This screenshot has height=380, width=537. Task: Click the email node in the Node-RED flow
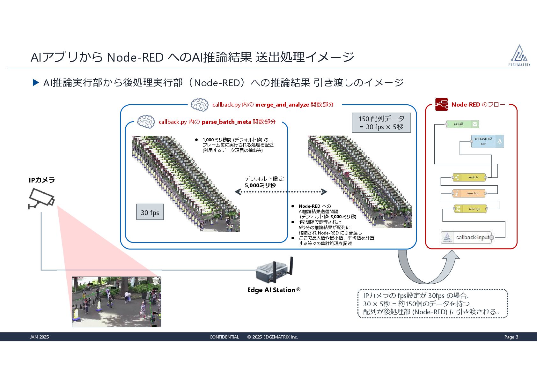point(462,124)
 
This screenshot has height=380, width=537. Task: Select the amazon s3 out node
point(487,141)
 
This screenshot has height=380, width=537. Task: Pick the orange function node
point(469,193)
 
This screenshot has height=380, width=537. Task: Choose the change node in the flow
point(470,209)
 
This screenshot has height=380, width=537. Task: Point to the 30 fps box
point(150,212)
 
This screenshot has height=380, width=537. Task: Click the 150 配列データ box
point(381,123)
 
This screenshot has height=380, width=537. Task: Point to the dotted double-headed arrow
point(281,192)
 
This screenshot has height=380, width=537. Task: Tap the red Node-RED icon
point(441,104)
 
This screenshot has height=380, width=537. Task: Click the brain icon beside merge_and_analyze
point(199,105)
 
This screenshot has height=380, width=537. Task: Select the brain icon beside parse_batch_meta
point(146,122)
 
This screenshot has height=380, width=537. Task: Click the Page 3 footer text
point(511,337)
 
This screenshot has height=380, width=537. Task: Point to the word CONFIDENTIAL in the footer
point(224,337)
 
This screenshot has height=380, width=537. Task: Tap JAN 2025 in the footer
point(40,337)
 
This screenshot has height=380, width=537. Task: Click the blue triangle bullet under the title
point(36,83)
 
